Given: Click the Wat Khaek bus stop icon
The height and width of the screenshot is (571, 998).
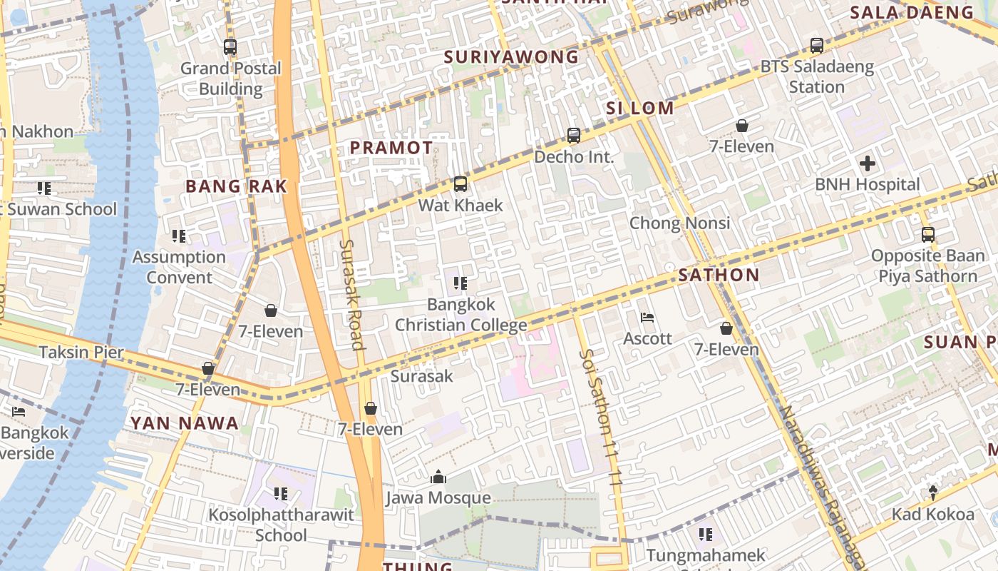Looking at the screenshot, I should click(x=461, y=184).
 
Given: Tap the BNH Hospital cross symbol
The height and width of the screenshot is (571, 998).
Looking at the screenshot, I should click(x=867, y=163).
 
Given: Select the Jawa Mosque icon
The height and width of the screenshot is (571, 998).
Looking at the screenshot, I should click(x=438, y=477).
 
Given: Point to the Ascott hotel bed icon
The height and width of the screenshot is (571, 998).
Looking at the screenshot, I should click(x=647, y=317).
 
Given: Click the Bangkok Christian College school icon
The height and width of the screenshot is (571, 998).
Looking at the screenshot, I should click(x=461, y=283).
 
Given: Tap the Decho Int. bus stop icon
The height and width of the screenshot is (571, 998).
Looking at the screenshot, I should click(x=574, y=136).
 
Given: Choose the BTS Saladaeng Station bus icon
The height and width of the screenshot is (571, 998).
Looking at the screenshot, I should click(x=817, y=46).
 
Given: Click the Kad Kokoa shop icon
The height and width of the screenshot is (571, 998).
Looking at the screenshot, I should click(x=932, y=492).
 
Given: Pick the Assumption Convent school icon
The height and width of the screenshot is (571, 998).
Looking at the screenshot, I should click(x=178, y=236).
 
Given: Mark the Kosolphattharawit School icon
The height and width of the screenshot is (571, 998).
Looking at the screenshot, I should click(x=281, y=493).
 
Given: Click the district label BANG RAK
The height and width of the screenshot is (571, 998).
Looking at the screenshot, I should click(x=236, y=186).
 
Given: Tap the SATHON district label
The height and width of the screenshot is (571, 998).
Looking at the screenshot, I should click(x=719, y=275).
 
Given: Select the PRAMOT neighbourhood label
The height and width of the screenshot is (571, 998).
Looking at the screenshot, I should click(x=391, y=148).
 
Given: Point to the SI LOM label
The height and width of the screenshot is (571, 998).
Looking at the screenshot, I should click(x=639, y=108).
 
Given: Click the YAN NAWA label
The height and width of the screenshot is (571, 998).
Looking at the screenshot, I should click(x=184, y=423).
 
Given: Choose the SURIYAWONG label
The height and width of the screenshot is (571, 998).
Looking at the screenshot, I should click(x=511, y=57).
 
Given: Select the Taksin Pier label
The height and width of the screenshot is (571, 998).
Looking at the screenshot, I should click(x=81, y=352).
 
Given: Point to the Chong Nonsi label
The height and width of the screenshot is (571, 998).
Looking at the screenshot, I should click(x=679, y=223).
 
